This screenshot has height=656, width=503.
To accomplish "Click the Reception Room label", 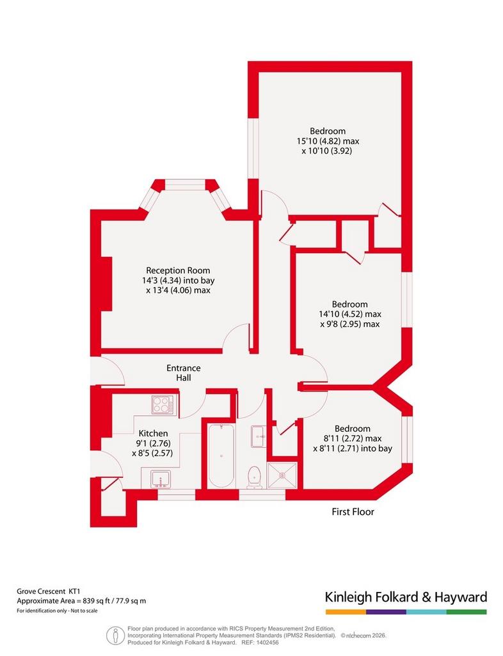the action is pos(178,271).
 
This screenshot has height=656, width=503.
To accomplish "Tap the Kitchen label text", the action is pos(154,434).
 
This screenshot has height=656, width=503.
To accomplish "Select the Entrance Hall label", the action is pos(184,373).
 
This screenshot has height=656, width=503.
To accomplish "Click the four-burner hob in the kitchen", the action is pos(164,405).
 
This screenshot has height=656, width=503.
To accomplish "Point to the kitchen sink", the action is pos(161,479).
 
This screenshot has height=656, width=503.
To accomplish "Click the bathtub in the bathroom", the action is pos(221,456).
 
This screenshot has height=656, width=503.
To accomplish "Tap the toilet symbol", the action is pos(255,478).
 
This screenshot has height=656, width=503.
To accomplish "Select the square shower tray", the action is pos(282,475).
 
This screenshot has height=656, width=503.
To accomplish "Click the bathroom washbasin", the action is pos(259,436).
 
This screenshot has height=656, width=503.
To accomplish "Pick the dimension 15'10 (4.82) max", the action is pos(328,142).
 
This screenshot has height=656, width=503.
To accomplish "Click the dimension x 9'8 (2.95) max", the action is pos(350,324).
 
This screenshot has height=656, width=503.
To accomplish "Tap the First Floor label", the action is pos(353,512).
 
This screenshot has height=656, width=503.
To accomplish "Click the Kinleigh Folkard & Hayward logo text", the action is pos(406,597).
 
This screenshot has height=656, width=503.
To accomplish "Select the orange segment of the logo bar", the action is pos(346,612).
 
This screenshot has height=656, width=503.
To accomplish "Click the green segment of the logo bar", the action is pos(467,612).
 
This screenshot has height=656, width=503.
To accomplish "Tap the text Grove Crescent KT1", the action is pos(48,591).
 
